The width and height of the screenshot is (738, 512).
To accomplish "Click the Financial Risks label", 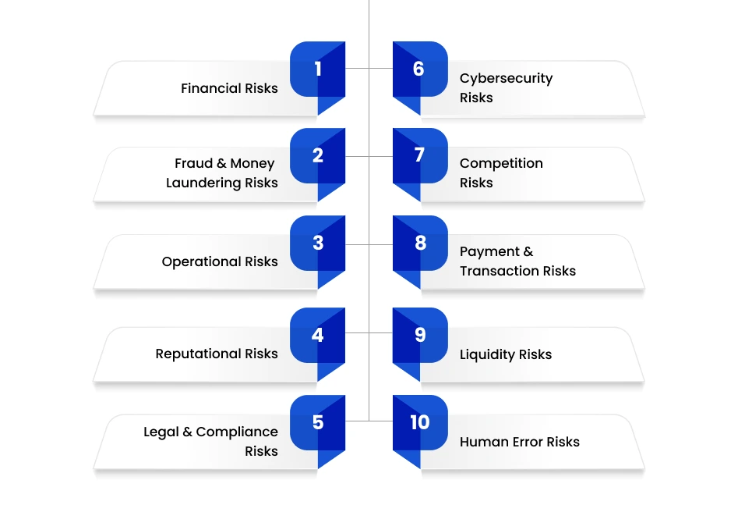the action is point(229,88).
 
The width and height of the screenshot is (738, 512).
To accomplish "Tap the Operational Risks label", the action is point(220,262).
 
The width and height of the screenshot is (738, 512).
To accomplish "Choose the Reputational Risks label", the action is point(217,354).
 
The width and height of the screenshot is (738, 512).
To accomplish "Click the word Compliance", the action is point(237,432).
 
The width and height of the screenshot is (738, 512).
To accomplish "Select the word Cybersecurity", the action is point(506,79).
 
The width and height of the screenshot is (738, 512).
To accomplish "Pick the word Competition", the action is point(501,164).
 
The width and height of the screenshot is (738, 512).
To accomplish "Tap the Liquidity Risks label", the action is point(506,354).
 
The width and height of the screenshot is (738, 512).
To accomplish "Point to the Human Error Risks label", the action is point(520,442).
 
